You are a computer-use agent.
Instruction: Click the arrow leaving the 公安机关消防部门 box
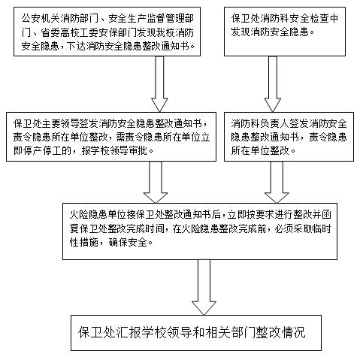point(159,84)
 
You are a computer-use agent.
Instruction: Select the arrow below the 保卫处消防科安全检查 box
point(273,84)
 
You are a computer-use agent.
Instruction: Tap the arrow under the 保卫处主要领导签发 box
point(156,182)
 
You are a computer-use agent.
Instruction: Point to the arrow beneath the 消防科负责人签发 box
point(277,182)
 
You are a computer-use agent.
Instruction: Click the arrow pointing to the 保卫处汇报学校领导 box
point(204,287)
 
